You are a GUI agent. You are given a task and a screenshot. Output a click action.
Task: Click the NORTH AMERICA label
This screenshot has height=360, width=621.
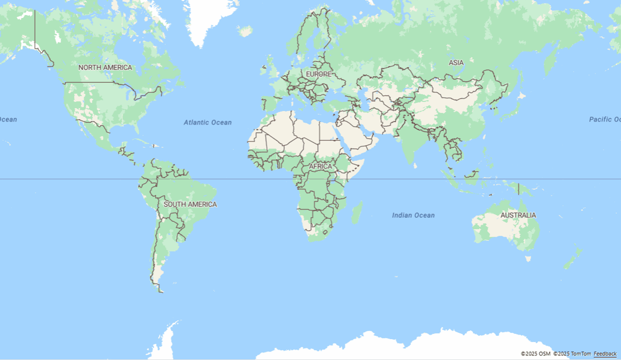click(x=105, y=68)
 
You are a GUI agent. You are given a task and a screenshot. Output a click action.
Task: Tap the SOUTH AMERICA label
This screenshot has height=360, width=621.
click(x=190, y=204)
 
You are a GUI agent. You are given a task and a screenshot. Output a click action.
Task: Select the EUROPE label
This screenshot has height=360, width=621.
click(x=318, y=75)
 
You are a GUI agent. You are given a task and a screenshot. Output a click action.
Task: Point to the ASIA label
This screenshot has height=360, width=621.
click(x=456, y=63)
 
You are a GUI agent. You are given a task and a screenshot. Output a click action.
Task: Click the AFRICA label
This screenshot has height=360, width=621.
click(x=321, y=167)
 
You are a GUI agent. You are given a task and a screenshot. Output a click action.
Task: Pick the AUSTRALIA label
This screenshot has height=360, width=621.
click(x=518, y=215)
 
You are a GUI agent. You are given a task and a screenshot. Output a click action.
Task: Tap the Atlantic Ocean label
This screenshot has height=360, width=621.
click(x=207, y=123)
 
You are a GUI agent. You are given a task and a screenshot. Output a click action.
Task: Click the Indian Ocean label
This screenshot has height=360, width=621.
click(x=413, y=215)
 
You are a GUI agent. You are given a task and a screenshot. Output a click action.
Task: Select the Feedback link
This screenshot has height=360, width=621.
click(x=605, y=354)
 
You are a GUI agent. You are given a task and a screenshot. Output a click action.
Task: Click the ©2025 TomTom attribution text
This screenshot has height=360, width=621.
click(x=572, y=354)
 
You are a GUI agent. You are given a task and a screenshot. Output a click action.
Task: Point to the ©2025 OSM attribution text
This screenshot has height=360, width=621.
click(x=535, y=354)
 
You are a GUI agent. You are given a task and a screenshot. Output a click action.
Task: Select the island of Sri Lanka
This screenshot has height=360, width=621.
click(x=416, y=164)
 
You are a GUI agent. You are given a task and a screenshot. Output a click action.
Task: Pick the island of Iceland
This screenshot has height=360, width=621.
click(x=245, y=31)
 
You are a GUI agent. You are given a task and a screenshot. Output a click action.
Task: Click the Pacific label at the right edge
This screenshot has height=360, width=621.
click(x=604, y=119)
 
